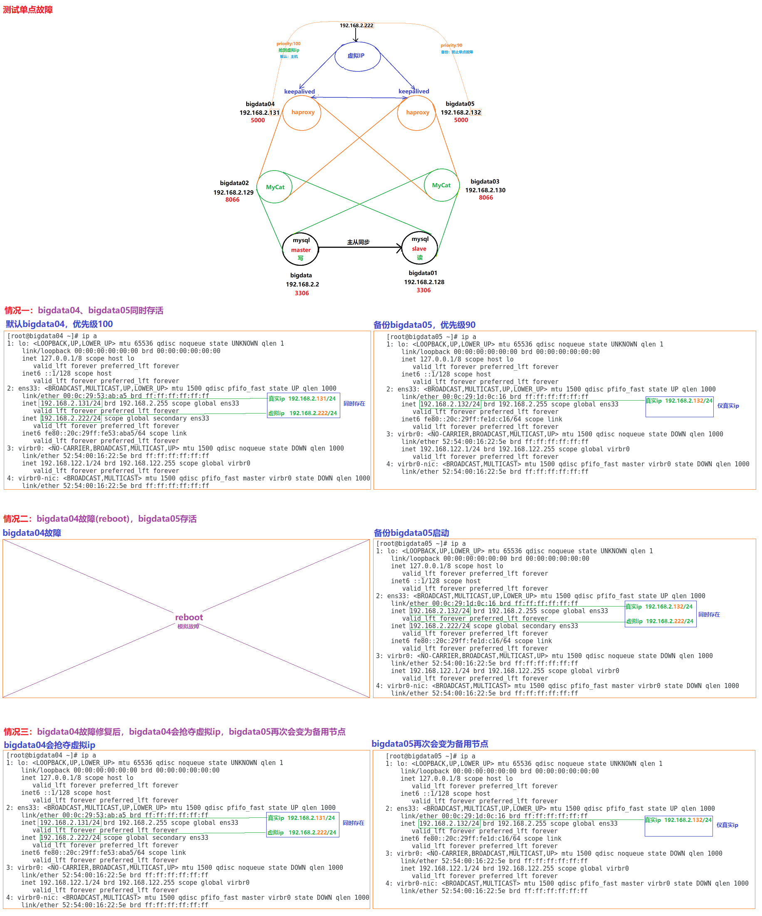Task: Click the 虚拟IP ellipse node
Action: click(357, 56)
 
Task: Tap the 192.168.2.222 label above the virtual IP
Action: click(356, 25)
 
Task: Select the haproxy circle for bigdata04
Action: click(302, 113)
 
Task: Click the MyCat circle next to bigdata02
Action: click(275, 187)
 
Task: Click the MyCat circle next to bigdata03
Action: click(441, 185)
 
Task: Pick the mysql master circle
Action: click(301, 249)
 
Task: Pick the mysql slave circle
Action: click(419, 248)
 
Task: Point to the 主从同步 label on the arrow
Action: click(358, 242)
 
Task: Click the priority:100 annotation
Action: click(288, 44)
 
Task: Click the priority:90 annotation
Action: click(451, 45)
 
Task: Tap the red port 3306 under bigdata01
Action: click(423, 290)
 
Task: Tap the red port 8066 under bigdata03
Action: click(485, 198)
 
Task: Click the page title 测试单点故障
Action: click(28, 10)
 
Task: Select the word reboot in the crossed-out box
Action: click(189, 617)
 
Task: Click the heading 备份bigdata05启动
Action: click(411, 532)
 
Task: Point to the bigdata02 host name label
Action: click(234, 183)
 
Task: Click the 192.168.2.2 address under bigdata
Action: click(302, 285)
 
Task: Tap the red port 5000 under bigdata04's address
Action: click(257, 120)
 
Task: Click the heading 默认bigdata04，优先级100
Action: click(59, 324)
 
